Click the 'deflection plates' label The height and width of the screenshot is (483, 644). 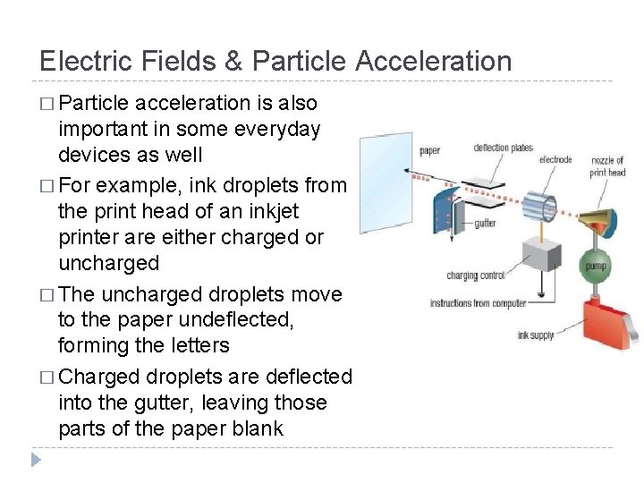(x=503, y=148)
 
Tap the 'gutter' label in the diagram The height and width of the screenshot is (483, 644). (x=486, y=222)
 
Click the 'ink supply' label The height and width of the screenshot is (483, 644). (x=536, y=336)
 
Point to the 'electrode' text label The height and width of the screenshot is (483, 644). (x=555, y=160)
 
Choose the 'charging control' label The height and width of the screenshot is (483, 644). (x=475, y=276)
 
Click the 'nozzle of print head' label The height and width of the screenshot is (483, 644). (x=607, y=166)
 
